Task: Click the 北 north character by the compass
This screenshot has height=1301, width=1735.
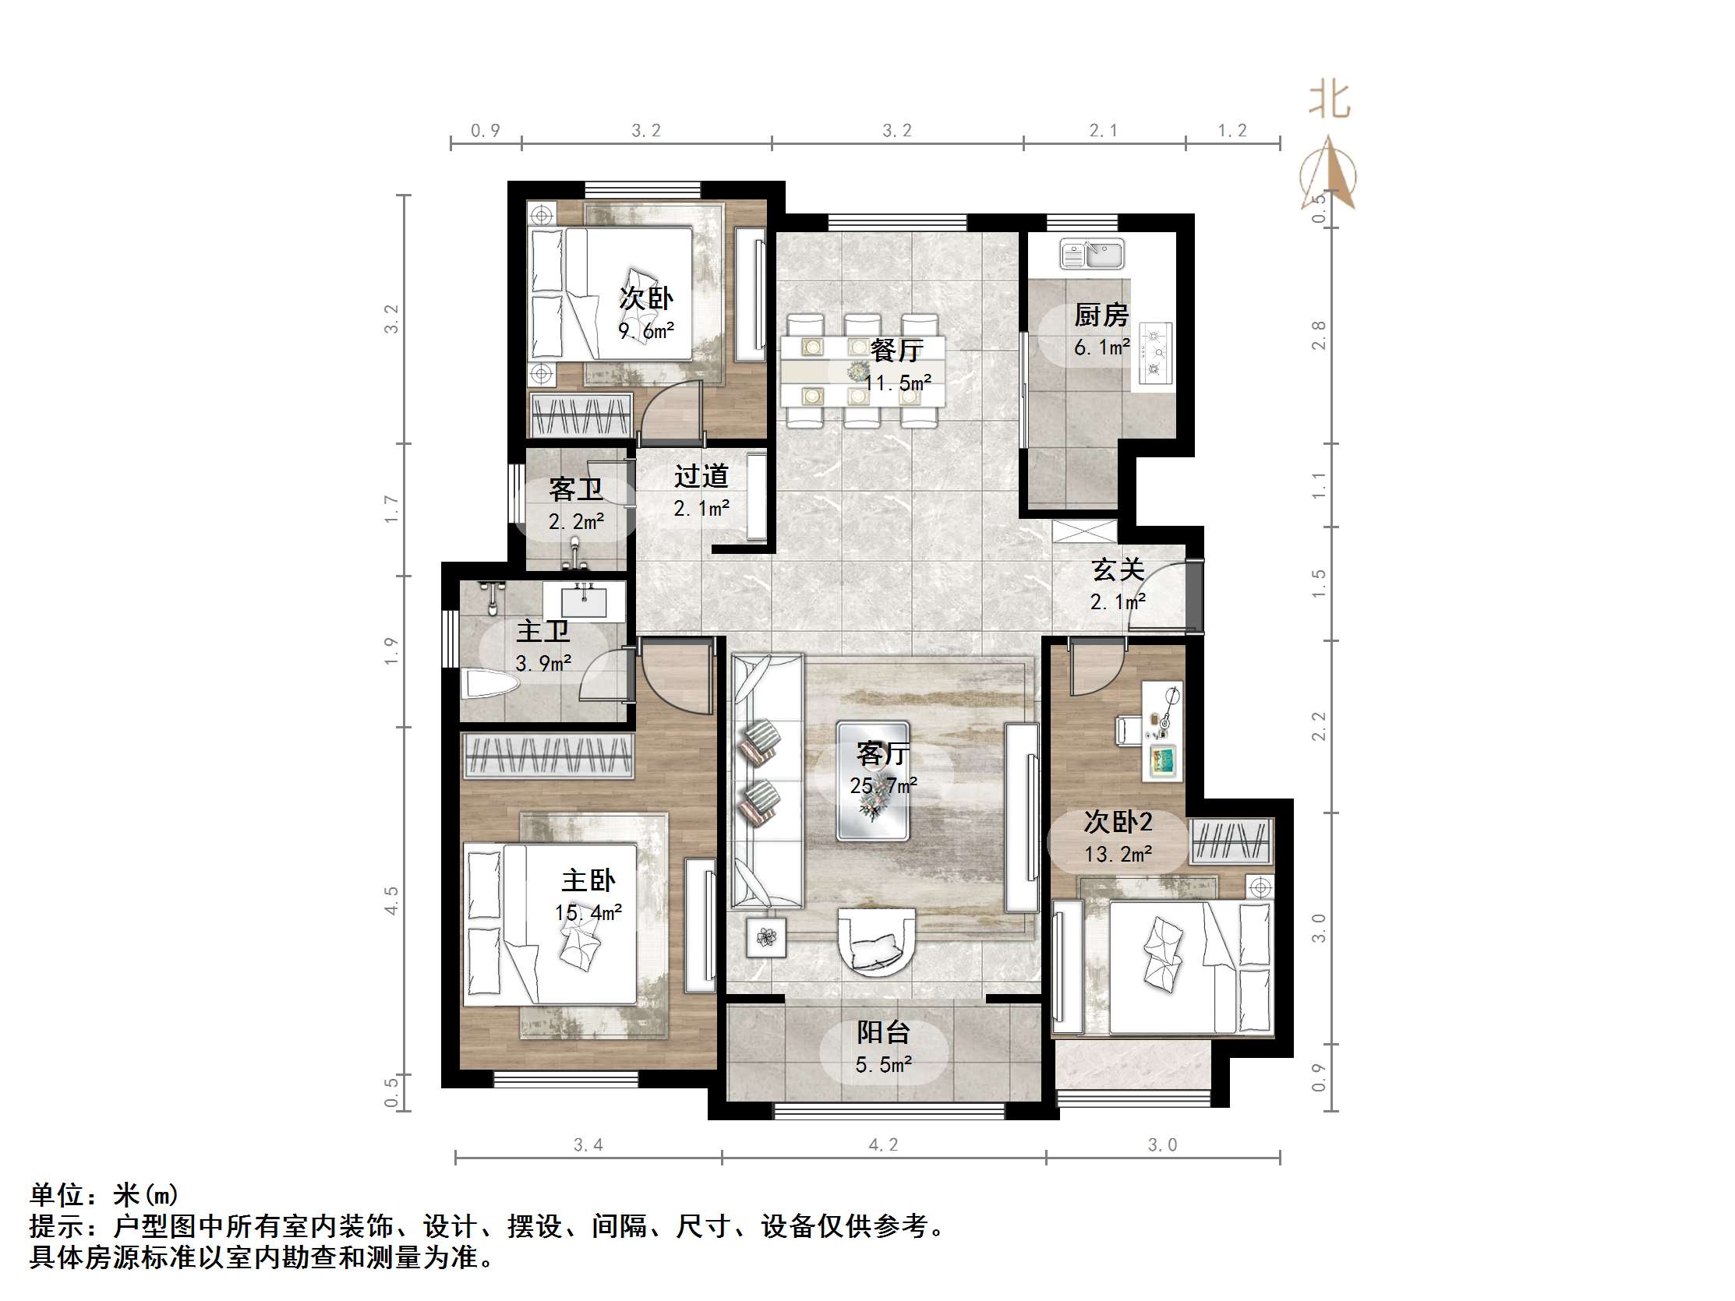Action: click(1330, 101)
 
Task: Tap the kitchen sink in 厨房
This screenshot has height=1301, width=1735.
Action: click(1092, 252)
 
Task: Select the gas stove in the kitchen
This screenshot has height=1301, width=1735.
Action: click(1154, 353)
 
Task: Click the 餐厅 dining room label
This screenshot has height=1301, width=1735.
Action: click(896, 351)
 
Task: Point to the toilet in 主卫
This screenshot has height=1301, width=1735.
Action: click(489, 683)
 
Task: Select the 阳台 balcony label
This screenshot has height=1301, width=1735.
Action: click(883, 1033)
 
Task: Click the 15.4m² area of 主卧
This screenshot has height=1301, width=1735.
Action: click(588, 913)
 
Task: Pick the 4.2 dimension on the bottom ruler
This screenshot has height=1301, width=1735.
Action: click(883, 1145)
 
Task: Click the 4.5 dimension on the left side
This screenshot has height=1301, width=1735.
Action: click(390, 901)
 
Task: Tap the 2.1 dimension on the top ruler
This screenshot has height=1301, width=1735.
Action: click(1104, 131)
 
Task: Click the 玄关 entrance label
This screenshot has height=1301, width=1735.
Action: click(1118, 570)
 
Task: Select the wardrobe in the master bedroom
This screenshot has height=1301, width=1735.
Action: click(548, 755)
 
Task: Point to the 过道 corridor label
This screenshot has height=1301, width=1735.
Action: click(701, 476)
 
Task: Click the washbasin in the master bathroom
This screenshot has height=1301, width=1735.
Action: click(585, 601)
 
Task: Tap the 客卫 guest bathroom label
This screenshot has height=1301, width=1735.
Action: click(576, 490)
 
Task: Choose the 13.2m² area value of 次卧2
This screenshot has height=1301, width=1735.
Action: click(1118, 854)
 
